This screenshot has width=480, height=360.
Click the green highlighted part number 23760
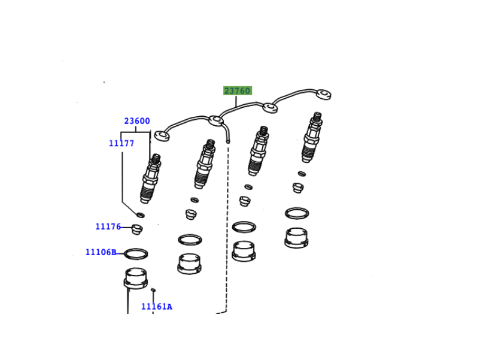click(x=238, y=90)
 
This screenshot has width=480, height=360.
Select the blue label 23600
click(x=137, y=121)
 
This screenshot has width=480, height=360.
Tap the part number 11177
click(x=121, y=143)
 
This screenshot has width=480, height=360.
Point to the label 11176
click(x=108, y=226)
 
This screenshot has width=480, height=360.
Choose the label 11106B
click(x=101, y=252)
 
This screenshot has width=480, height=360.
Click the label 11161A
click(x=157, y=306)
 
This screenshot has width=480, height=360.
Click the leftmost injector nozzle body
click(x=151, y=179)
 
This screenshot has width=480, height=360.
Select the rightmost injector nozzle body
click(x=312, y=137)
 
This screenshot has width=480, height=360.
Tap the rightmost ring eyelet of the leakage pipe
click(x=323, y=95)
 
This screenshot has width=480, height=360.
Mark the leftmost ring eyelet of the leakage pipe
click(x=162, y=136)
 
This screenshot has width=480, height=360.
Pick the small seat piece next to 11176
click(x=137, y=229)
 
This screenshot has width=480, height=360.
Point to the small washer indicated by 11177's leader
click(x=140, y=215)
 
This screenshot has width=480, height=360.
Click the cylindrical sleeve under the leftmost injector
click(x=136, y=279)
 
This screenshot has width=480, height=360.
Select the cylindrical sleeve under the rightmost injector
click(x=296, y=238)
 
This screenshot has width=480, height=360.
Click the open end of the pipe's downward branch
click(x=228, y=141)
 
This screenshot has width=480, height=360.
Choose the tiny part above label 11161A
click(x=153, y=290)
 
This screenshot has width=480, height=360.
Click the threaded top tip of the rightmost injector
click(x=317, y=116)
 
